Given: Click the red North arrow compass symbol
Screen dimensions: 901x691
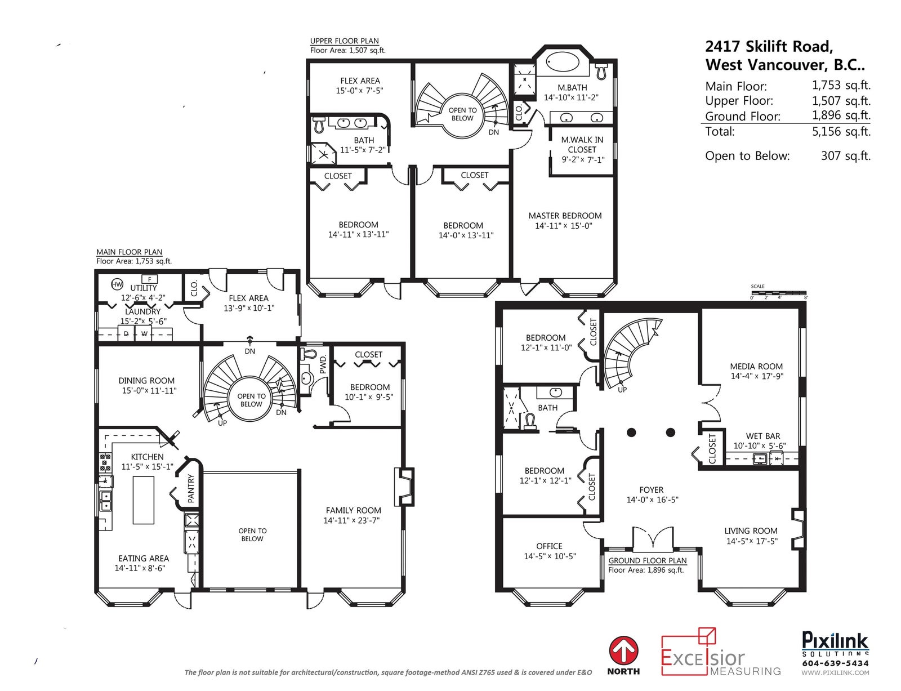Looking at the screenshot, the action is (623, 651).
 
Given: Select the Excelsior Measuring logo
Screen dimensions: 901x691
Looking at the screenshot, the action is (721, 652).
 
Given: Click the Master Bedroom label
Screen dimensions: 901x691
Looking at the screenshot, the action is (565, 216).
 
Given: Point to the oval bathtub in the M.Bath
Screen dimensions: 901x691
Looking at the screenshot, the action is (562, 63).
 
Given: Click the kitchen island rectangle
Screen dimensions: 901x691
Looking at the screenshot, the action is (144, 500).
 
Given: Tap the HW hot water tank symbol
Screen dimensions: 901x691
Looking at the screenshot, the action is (117, 284).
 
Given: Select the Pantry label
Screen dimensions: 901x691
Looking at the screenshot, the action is (191, 489).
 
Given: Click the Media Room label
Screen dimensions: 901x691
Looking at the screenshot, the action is (756, 367).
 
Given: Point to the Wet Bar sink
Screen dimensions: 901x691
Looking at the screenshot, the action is (759, 458).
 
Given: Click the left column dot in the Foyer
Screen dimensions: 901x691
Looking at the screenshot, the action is (631, 433).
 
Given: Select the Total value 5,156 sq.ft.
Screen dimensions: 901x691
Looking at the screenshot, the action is (841, 131).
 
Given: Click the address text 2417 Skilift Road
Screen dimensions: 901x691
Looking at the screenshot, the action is (769, 46).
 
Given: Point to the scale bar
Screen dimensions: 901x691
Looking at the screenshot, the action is (779, 293).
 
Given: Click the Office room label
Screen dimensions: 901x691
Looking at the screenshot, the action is (550, 546).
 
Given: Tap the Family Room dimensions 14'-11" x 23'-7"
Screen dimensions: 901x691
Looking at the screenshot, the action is (351, 520).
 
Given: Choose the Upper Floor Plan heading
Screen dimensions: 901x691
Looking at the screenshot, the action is (345, 41).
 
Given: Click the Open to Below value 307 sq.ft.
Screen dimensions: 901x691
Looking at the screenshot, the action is (846, 156).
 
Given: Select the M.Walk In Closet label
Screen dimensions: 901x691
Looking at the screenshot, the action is (582, 145).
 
